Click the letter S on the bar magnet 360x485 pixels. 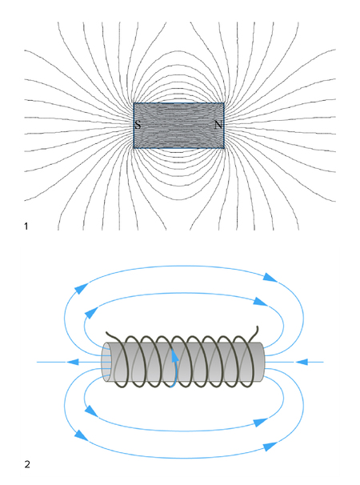click(138, 125)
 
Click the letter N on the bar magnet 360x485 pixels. click(218, 125)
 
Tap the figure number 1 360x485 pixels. click(26, 226)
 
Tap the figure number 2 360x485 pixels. click(27, 464)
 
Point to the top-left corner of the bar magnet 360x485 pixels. click(134, 103)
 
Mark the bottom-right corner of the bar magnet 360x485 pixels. click(224, 149)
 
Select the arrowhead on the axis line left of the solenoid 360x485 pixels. click(72, 362)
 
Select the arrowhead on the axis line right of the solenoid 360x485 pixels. click(302, 362)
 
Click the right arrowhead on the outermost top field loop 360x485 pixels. click(270, 278)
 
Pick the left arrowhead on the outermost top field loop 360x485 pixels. click(79, 289)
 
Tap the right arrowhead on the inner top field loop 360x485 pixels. click(261, 301)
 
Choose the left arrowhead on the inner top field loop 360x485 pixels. click(90, 314)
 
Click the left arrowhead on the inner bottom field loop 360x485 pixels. click(90, 411)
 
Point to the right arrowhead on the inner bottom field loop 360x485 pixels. click(261, 423)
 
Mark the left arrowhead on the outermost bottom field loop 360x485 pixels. click(81, 435)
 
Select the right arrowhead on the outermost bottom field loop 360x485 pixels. click(270, 447)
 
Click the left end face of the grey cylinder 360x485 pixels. click(106, 362)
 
